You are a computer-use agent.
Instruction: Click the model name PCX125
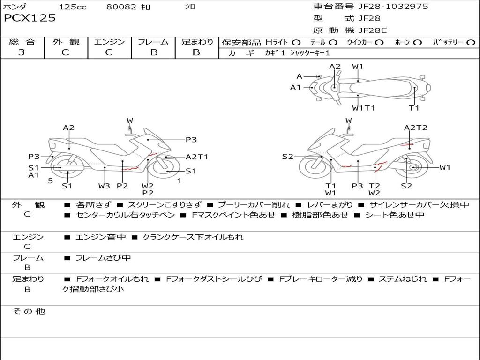[30, 18]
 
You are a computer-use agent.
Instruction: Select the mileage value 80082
[121, 7]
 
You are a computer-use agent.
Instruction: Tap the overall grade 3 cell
[22, 52]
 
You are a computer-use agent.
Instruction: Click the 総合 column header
[22, 42]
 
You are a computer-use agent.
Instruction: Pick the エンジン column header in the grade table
[109, 42]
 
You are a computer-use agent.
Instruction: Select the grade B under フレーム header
[153, 52]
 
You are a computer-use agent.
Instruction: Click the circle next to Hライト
[297, 43]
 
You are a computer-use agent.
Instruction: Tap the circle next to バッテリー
[471, 43]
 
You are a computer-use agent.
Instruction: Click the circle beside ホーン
[418, 43]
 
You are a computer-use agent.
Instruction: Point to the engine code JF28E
[373, 30]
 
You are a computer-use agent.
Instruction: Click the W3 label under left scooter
[104, 186]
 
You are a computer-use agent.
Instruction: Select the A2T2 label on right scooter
[415, 127]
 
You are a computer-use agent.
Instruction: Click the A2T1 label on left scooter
[197, 157]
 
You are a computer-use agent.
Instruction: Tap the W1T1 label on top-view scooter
[364, 108]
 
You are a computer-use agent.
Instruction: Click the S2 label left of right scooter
[287, 157]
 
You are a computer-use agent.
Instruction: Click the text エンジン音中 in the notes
[100, 237]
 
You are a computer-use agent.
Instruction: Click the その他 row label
[29, 311]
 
